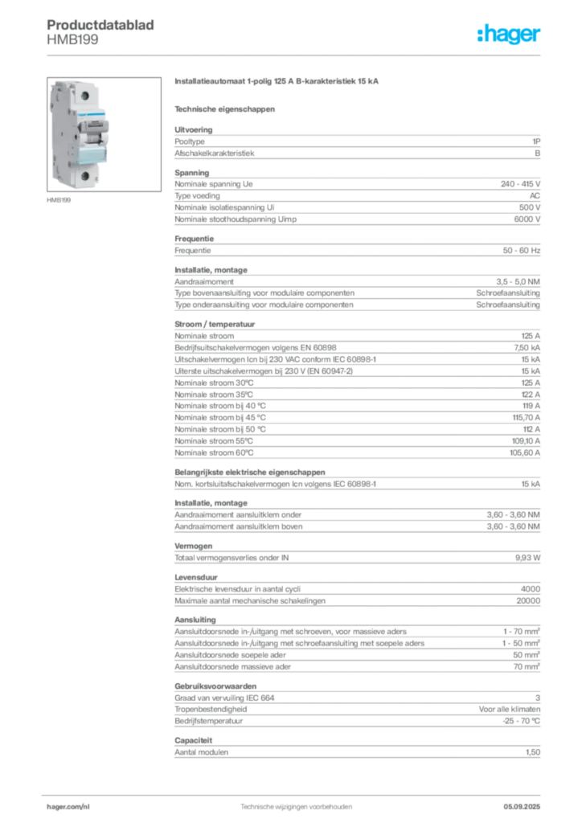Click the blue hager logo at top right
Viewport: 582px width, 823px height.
click(510, 35)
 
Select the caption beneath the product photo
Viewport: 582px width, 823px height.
click(61, 198)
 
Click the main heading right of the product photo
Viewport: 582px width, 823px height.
click(280, 84)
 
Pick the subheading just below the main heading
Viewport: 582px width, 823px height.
click(226, 108)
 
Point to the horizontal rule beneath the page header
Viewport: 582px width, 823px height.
click(296, 55)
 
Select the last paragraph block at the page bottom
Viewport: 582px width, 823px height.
click(356, 751)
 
